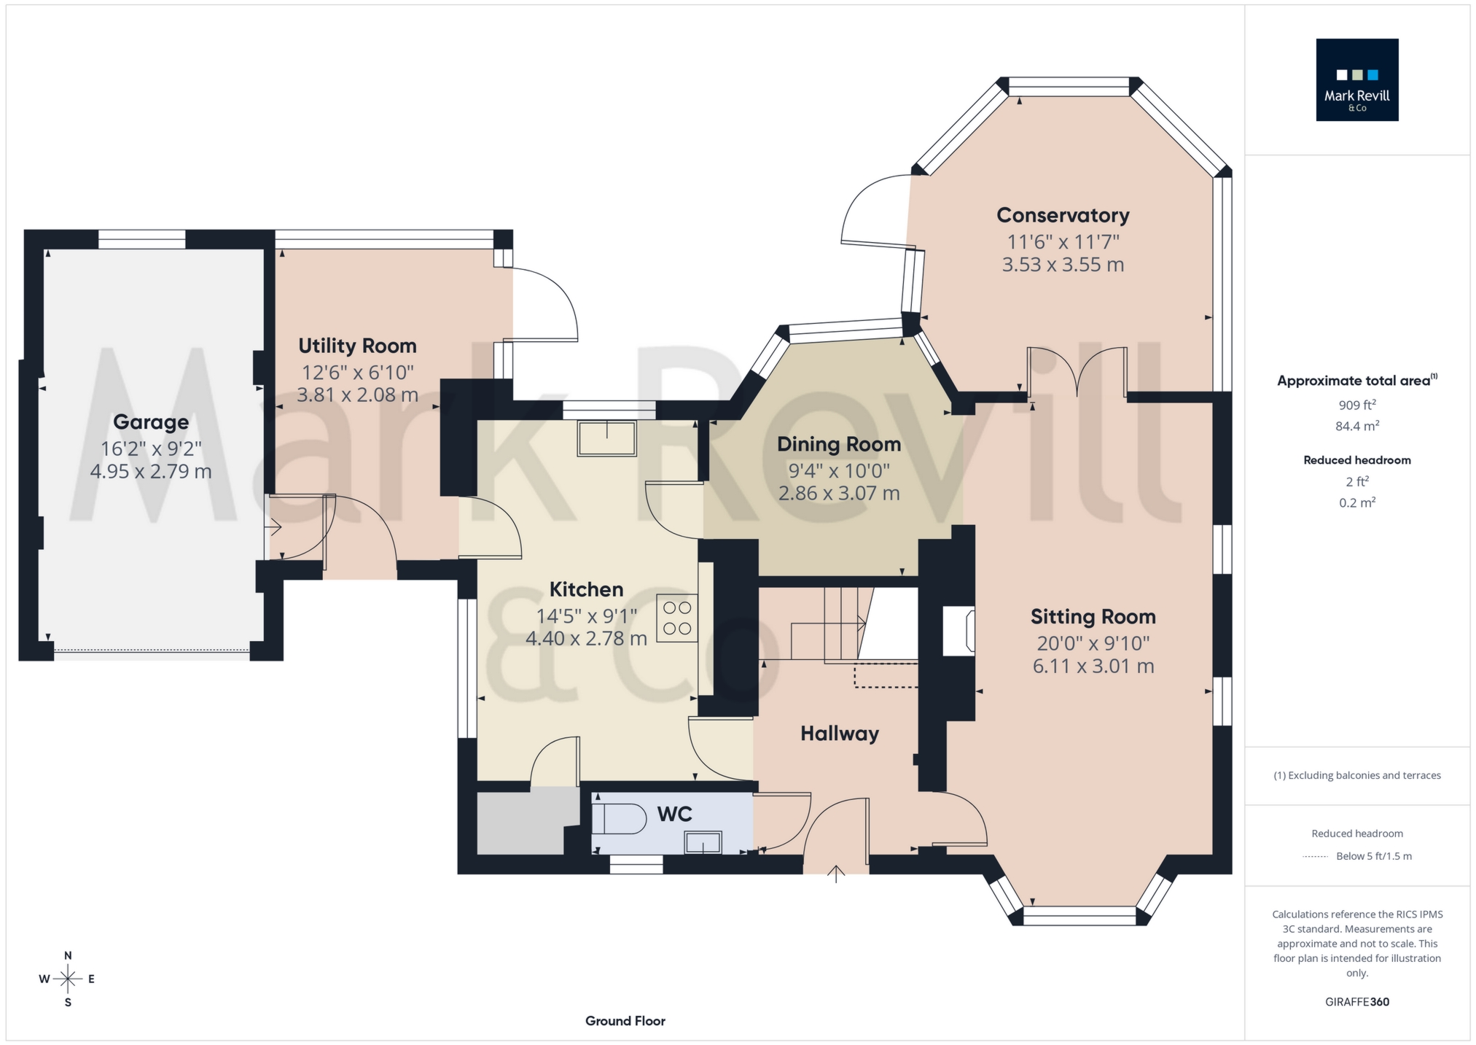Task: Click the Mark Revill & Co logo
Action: pos(1356,79)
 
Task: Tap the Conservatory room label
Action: pos(1063,215)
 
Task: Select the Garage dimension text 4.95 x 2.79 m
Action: pos(151,471)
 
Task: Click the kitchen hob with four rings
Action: pos(677,618)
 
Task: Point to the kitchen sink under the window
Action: pos(606,439)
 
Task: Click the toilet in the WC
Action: pos(620,819)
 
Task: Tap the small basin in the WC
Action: pos(703,843)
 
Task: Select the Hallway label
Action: pos(840,734)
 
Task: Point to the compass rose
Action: pos(68,979)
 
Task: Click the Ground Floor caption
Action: pos(625,1021)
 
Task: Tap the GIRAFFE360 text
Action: pos(1356,1002)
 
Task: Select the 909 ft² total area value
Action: pos(1356,405)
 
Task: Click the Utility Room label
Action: pos(357,346)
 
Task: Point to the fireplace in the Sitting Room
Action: pos(959,631)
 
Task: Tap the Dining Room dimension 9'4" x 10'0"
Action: pos(839,470)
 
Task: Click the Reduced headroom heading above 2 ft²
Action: pos(1356,460)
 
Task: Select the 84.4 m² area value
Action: pos(1356,427)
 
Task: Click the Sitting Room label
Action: pos(1093,617)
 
